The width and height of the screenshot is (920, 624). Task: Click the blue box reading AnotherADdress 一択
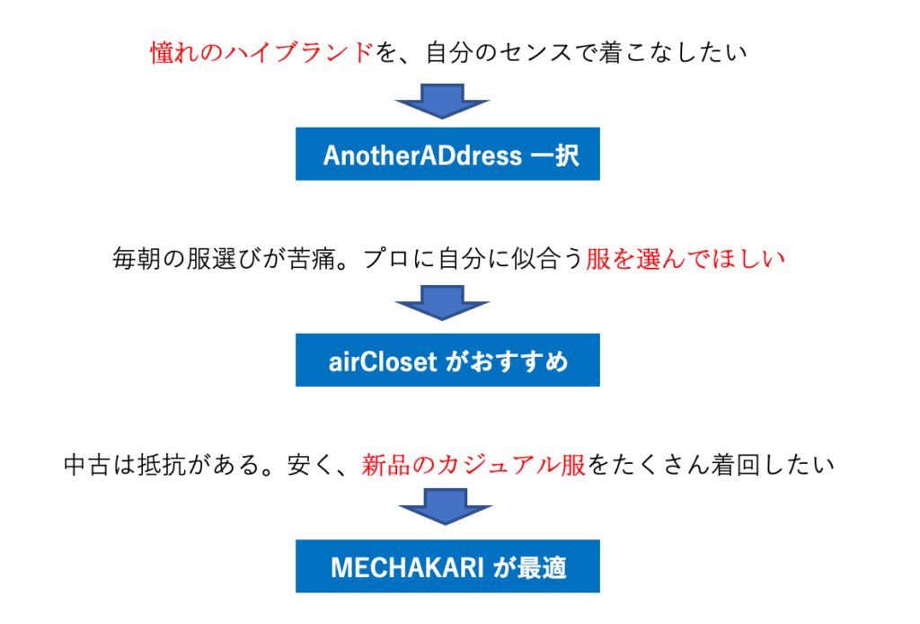coord(447,154)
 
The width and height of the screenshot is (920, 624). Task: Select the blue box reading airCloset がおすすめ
coord(447,361)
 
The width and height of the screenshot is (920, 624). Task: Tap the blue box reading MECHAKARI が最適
coord(447,566)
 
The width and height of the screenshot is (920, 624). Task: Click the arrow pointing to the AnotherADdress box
coord(443,102)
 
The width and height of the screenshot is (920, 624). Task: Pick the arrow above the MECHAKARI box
coord(443,509)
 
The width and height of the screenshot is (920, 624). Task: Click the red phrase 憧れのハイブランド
coord(261,53)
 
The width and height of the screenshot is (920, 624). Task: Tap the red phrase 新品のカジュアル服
coord(473,465)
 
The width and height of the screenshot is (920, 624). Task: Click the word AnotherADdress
coord(422,155)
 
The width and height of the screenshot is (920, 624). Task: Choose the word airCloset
coord(383,361)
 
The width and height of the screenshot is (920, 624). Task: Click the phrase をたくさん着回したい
coord(711,465)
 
